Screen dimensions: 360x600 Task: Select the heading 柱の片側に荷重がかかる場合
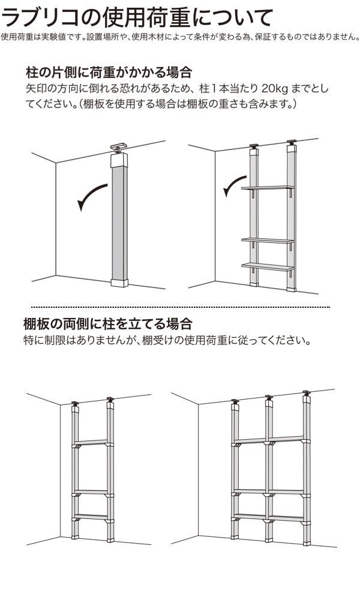click(109, 72)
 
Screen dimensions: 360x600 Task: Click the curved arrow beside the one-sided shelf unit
click(232, 184)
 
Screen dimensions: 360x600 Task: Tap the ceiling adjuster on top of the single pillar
click(119, 148)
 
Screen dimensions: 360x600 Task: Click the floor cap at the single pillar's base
click(119, 283)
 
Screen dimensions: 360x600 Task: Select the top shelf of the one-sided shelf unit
click(268, 188)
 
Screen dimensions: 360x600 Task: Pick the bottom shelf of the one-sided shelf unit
click(268, 266)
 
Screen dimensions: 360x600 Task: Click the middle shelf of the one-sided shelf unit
click(268, 241)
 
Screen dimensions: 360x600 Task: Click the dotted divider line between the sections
click(180, 307)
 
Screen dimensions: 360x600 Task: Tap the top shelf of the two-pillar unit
click(92, 443)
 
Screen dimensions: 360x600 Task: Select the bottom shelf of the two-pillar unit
click(92, 517)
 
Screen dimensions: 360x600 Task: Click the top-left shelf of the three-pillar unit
click(250, 441)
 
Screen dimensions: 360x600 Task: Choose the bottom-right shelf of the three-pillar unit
click(287, 518)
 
